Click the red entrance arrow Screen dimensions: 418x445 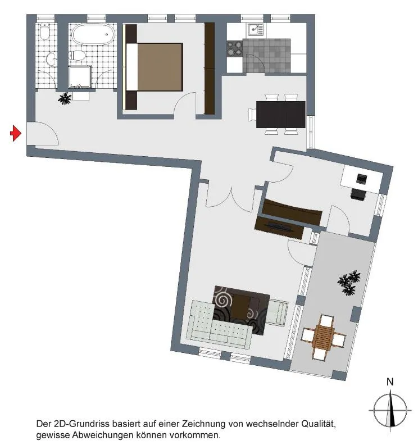16,133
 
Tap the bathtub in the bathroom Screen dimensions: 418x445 93,35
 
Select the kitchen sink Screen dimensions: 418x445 256,30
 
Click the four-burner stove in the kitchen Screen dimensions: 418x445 234,48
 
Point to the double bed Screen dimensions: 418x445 154,67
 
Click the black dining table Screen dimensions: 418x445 280,115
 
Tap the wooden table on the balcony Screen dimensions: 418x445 323,337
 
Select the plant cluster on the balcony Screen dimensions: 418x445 349,283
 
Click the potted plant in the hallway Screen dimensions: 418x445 65,98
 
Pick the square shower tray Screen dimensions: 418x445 79,76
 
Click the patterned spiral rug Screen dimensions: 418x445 240,310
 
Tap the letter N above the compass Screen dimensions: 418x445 390,382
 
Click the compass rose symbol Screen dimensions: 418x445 390,410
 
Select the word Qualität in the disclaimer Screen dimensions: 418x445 319,424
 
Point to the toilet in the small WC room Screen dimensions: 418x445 44,31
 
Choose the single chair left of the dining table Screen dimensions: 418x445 252,115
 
